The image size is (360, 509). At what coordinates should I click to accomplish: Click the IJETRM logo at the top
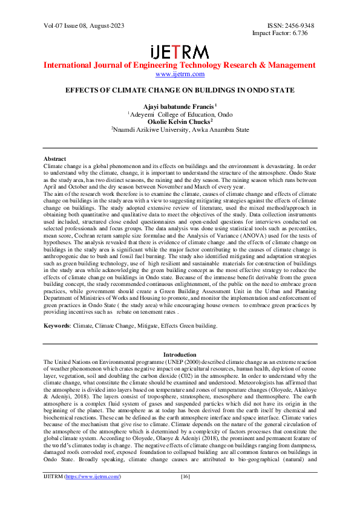(179, 52)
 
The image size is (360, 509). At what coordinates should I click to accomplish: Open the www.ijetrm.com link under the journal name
(180, 74)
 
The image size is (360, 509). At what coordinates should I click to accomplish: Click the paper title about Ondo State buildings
(180, 90)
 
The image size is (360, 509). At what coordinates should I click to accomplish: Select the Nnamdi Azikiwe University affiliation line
(180, 129)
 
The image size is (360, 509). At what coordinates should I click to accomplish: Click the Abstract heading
(55, 158)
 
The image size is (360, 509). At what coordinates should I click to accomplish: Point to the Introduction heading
(180, 354)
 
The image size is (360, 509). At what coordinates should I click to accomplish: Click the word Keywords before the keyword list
(56, 326)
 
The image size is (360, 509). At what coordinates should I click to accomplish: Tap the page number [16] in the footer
(186, 494)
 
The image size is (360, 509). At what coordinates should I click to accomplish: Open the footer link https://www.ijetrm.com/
(93, 494)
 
